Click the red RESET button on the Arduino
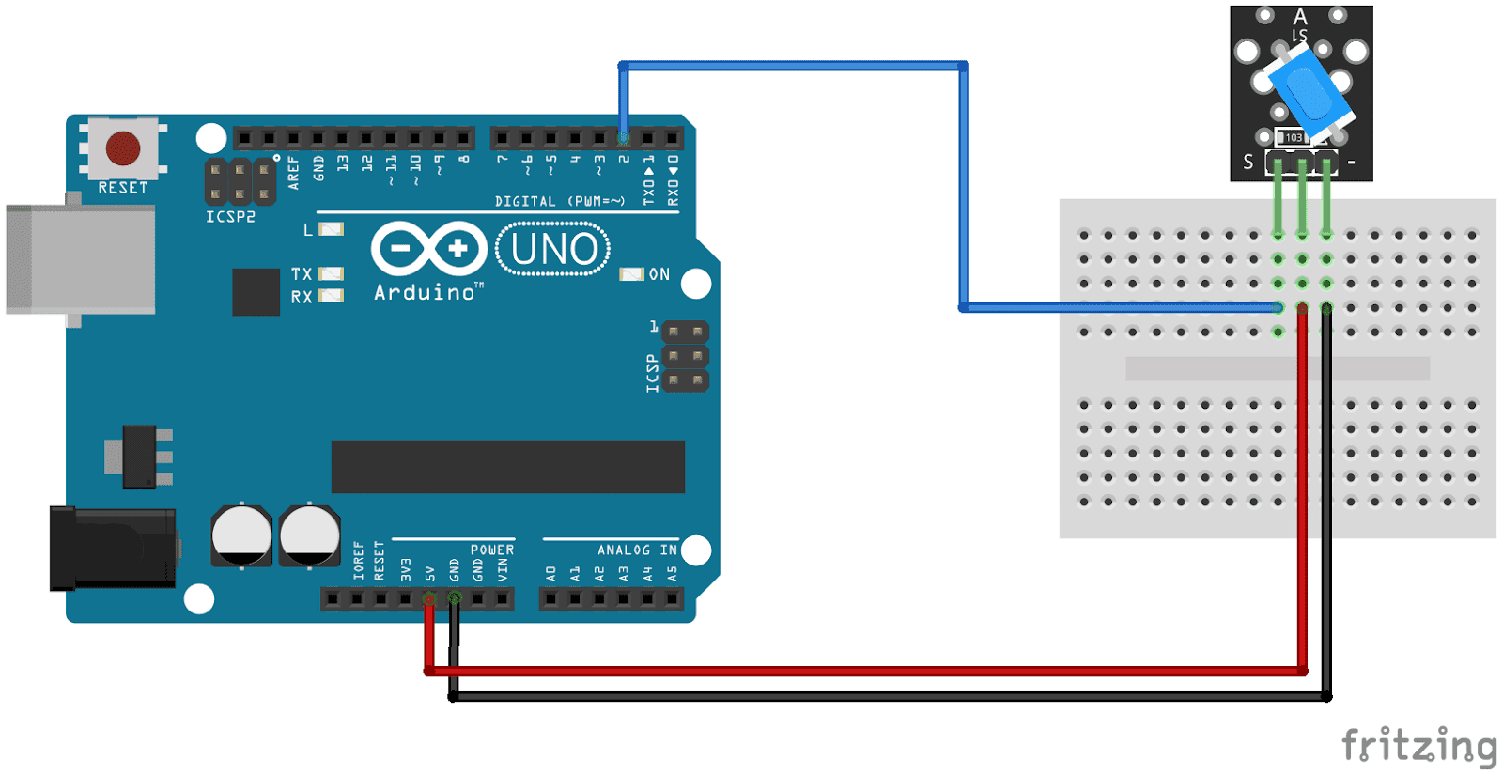point(123,147)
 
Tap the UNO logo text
point(553,249)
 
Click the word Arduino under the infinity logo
point(425,293)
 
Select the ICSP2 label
point(230,217)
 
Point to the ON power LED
point(631,274)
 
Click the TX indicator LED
point(331,274)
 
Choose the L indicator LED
point(331,229)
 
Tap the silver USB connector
point(80,259)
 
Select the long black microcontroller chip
point(507,466)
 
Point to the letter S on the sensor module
point(1247,163)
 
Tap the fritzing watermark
point(1418,746)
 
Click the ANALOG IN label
point(637,550)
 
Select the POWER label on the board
point(492,550)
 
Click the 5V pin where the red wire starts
point(429,598)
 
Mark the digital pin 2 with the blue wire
point(624,138)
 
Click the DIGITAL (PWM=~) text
point(559,201)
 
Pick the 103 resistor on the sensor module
point(1294,137)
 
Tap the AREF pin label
point(294,173)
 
